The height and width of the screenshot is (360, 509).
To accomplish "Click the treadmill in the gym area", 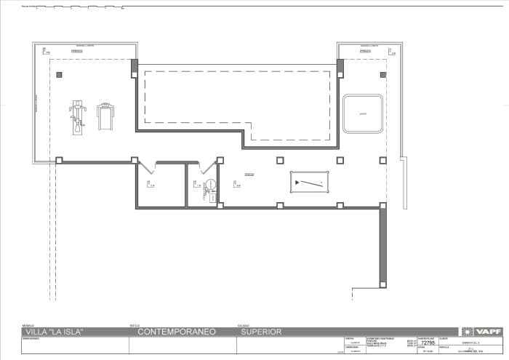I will [105, 116].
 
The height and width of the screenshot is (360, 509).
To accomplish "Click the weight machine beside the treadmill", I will [76, 116].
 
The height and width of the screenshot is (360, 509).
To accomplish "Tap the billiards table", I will [310, 182].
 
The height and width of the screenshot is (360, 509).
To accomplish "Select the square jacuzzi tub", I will [363, 113].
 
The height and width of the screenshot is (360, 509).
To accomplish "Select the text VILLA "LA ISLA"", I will [54, 332].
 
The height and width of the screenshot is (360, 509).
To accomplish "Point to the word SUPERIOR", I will [260, 332].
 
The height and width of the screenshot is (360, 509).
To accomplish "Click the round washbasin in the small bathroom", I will [210, 185].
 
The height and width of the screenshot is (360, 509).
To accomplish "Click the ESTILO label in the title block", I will [135, 325].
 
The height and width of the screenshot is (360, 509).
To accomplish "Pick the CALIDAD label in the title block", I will [244, 325].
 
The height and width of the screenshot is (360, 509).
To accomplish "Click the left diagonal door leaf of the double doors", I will [141, 167].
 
